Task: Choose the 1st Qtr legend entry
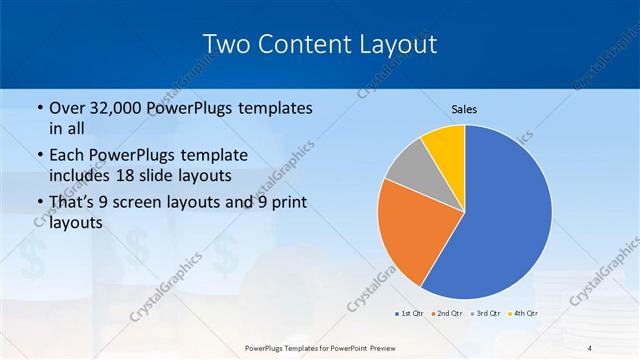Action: [x=407, y=314]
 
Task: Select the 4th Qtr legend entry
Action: [x=524, y=314]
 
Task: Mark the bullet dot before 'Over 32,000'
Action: [x=39, y=109]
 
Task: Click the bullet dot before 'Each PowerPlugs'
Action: [x=39, y=155]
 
